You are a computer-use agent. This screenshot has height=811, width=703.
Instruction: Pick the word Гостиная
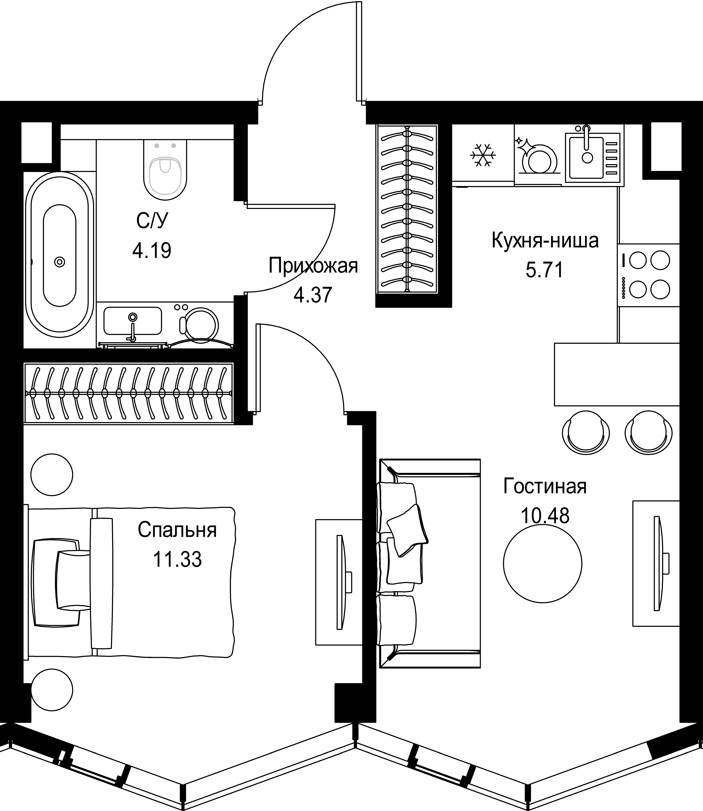(x=545, y=486)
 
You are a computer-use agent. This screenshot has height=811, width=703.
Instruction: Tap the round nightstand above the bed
(x=52, y=475)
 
